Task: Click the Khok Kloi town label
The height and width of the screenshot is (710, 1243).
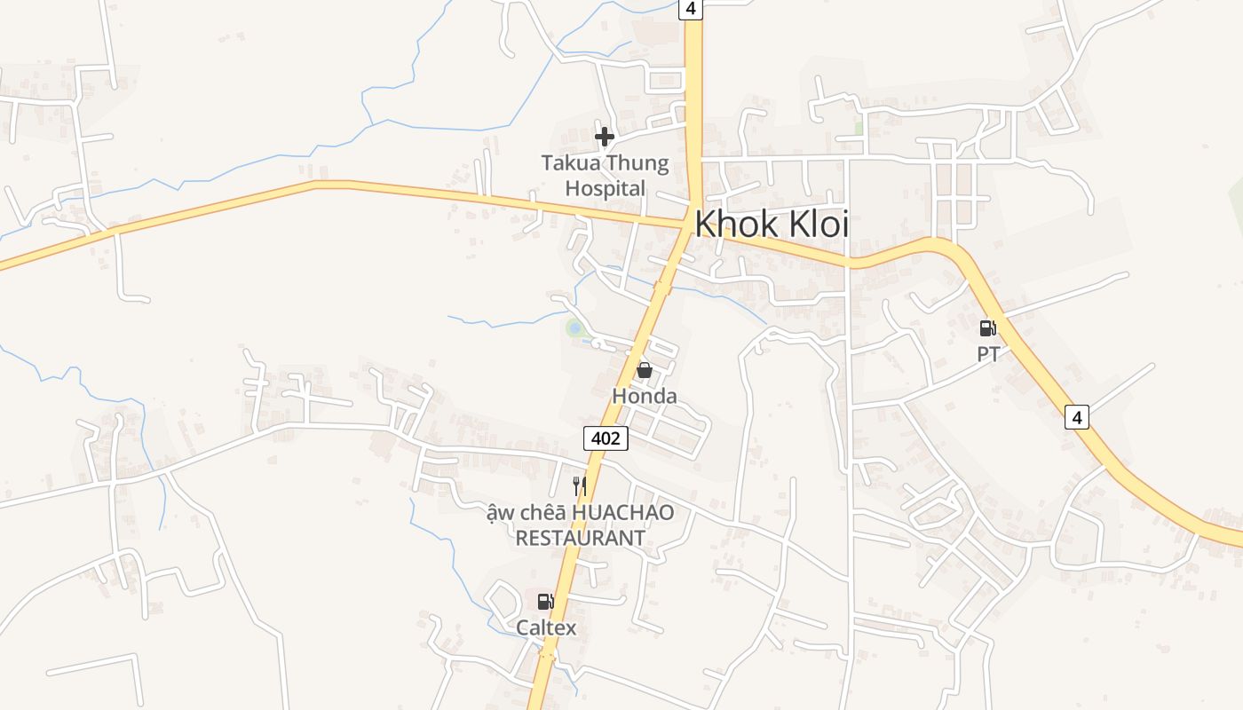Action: pos(771,224)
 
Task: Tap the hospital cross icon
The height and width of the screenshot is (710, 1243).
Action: pos(605,137)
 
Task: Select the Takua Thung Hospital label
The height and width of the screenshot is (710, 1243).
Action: pos(606,176)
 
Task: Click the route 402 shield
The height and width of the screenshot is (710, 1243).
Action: pos(606,438)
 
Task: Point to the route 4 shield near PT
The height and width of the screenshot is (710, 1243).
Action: pos(1076,416)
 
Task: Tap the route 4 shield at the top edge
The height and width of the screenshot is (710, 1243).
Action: pos(691,8)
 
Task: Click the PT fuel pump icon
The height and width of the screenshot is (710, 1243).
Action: pos(987,328)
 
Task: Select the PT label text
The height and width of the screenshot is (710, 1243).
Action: pos(988,354)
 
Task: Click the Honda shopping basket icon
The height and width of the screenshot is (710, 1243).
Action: pos(645,370)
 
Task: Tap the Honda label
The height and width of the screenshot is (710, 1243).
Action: pos(645,396)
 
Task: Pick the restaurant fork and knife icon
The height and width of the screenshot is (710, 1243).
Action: pos(580,485)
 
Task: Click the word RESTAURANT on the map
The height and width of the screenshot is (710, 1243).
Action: pos(581,538)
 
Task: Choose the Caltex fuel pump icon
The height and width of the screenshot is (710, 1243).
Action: pos(545,602)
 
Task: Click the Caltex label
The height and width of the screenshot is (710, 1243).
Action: pos(546,628)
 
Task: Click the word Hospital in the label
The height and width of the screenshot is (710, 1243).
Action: pos(606,188)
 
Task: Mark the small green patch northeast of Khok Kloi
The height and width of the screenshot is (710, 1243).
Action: pos(859,127)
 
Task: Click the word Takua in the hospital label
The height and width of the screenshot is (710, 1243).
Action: pos(571,163)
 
